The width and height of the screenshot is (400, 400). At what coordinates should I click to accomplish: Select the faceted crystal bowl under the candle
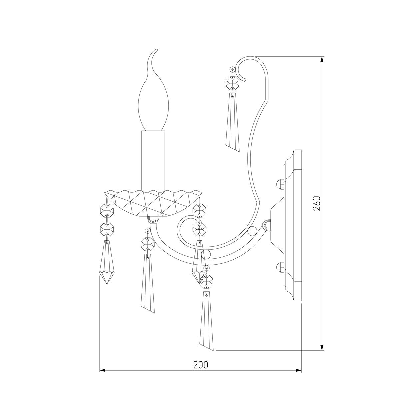[x=153, y=203]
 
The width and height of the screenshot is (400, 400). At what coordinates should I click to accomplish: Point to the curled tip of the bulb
[x=157, y=49]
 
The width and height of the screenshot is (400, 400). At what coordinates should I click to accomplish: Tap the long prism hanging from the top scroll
[x=232, y=122]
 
